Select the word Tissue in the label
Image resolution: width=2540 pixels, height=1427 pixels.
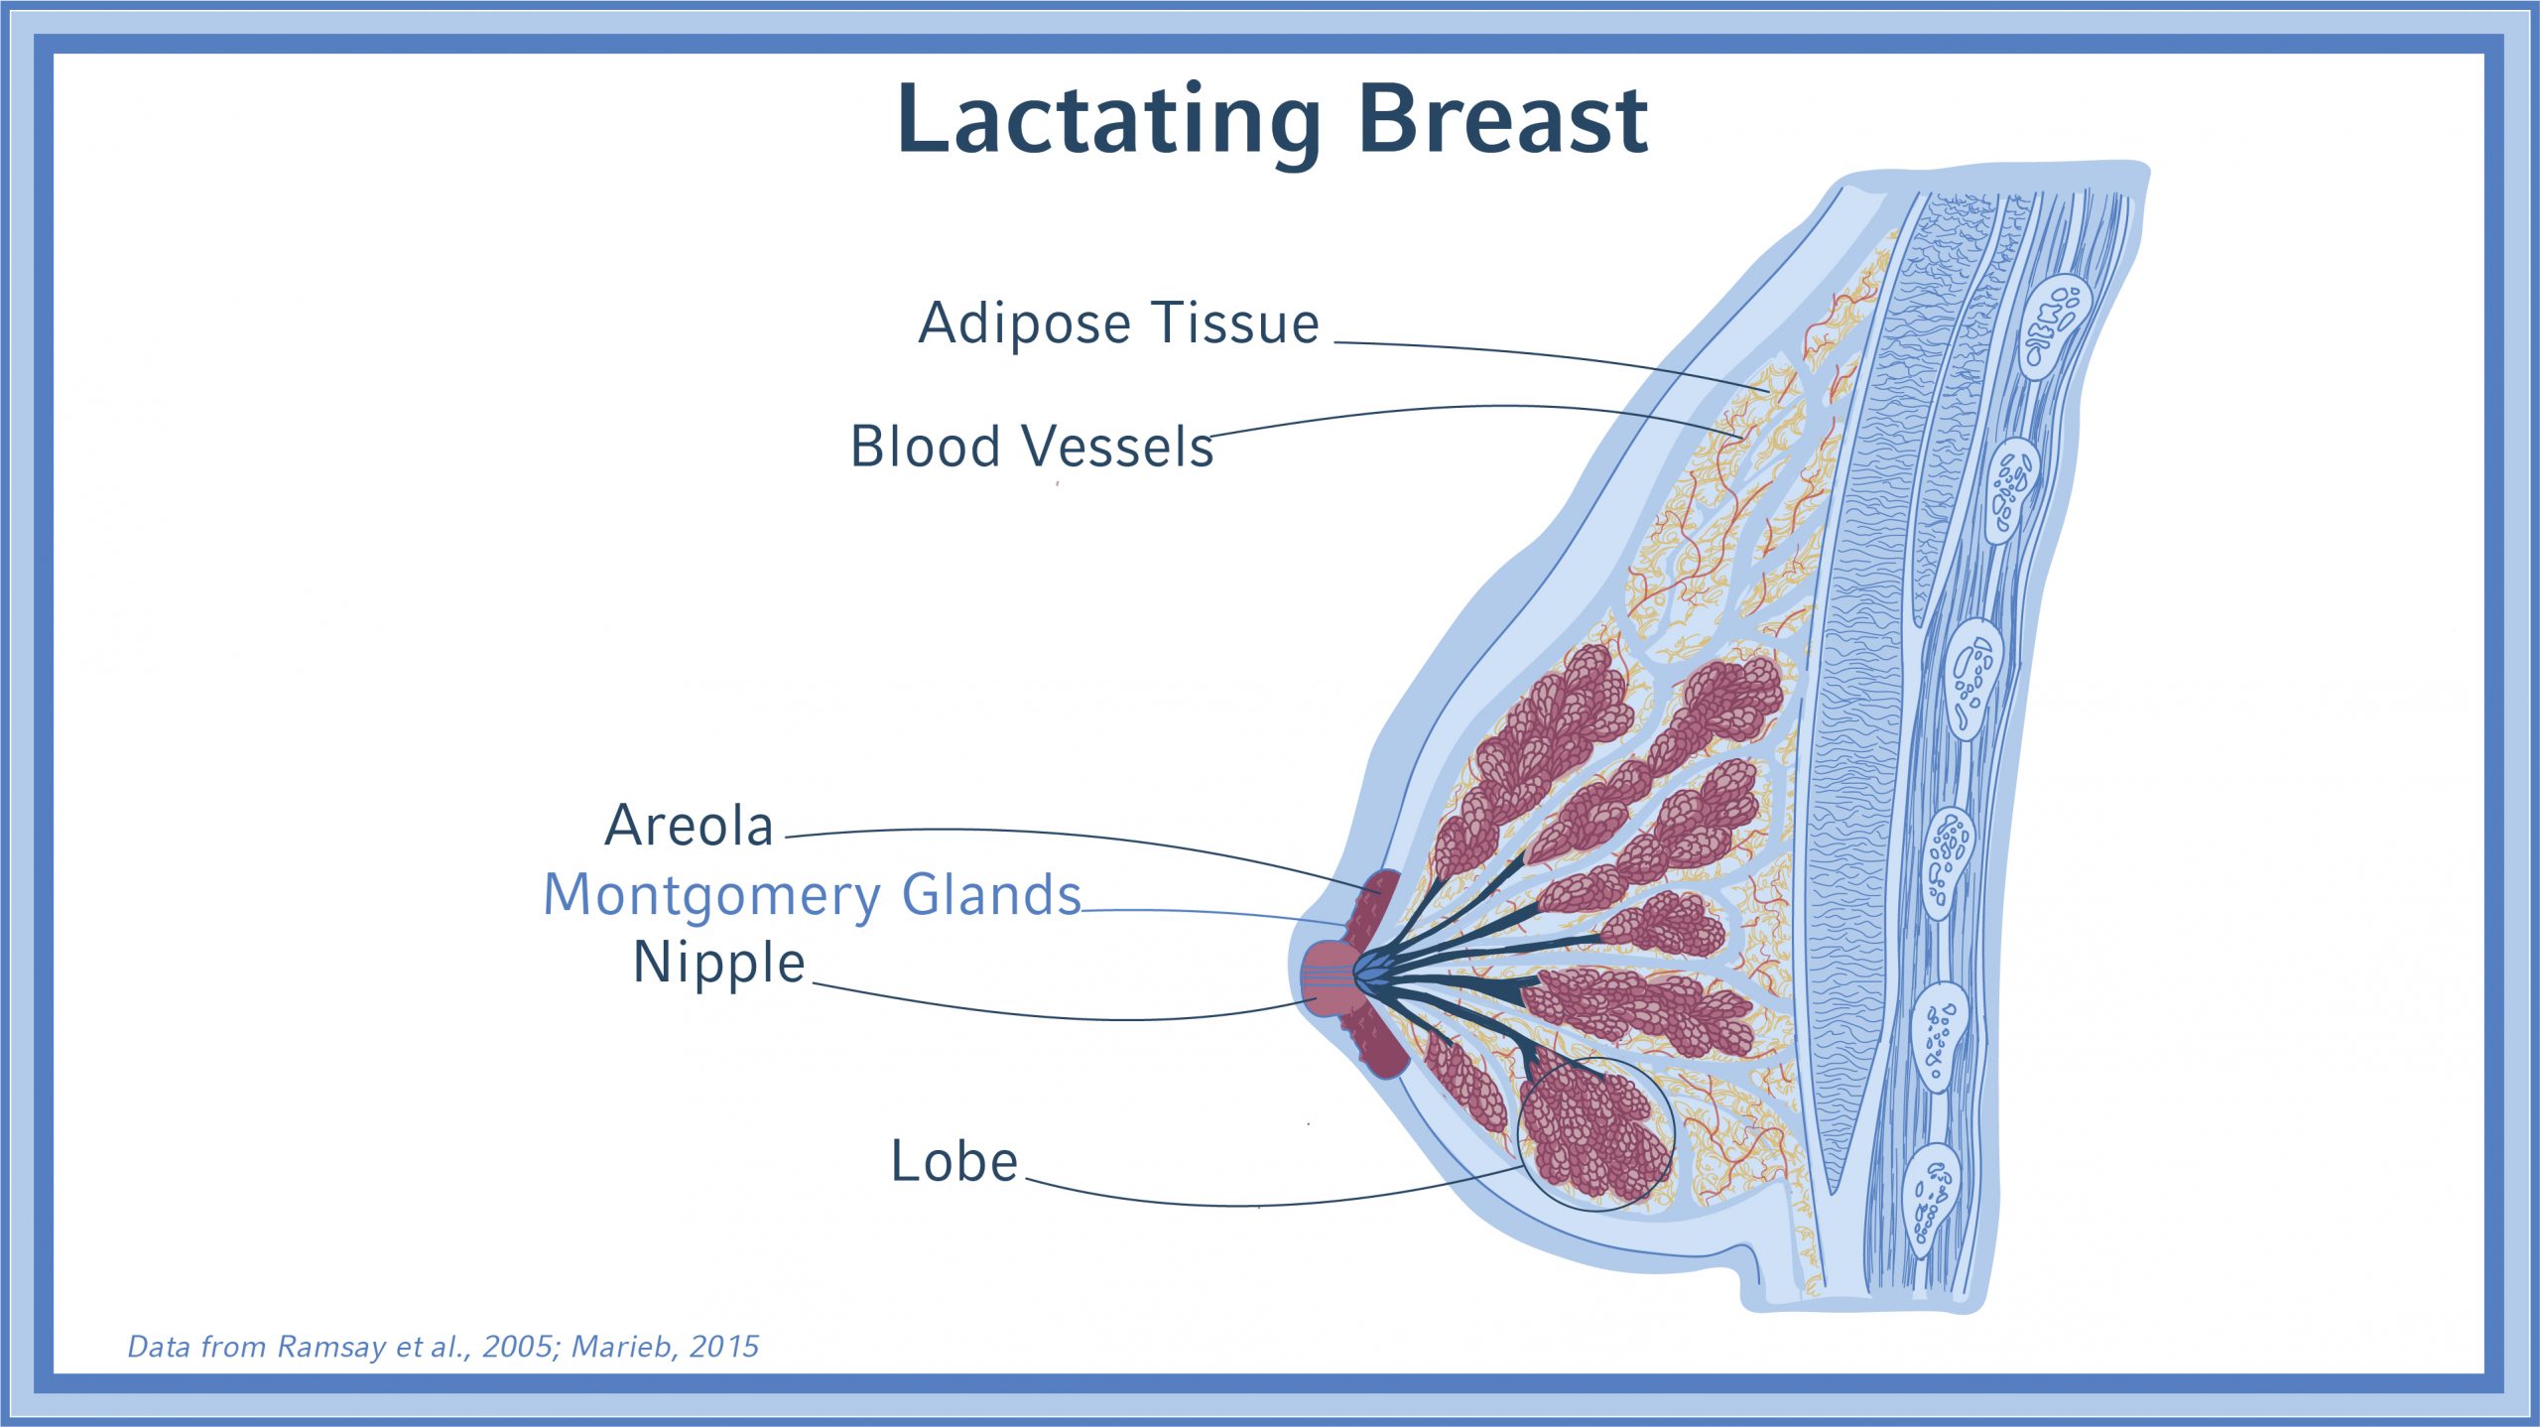click(x=1235, y=323)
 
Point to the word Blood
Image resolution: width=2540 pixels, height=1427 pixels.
click(x=926, y=446)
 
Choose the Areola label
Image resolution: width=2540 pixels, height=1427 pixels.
click(x=689, y=826)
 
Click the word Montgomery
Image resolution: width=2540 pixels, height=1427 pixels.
click(x=711, y=896)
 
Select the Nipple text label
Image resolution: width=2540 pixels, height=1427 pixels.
click(x=719, y=964)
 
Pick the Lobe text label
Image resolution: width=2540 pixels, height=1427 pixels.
click(x=954, y=1161)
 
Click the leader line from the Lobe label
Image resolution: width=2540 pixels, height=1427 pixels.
click(x=1260, y=1205)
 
